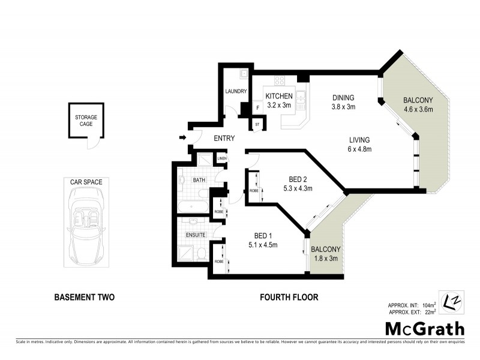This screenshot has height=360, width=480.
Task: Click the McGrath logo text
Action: [x=424, y=328]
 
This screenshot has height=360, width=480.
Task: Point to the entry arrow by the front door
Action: [x=182, y=139]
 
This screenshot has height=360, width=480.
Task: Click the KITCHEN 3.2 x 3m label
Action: [x=279, y=100]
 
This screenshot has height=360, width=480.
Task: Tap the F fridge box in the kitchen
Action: [x=257, y=108]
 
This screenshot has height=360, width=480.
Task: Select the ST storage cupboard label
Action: [x=257, y=125]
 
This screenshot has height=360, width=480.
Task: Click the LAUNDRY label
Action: [x=236, y=91]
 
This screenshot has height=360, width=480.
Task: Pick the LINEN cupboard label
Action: [x=222, y=159]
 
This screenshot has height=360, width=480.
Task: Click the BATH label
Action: [x=199, y=179]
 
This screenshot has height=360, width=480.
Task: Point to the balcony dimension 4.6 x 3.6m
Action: [x=418, y=109]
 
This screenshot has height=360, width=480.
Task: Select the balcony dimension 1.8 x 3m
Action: [x=325, y=258]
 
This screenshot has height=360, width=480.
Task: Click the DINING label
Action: [x=344, y=98]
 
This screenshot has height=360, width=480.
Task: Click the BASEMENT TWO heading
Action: [x=84, y=297]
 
